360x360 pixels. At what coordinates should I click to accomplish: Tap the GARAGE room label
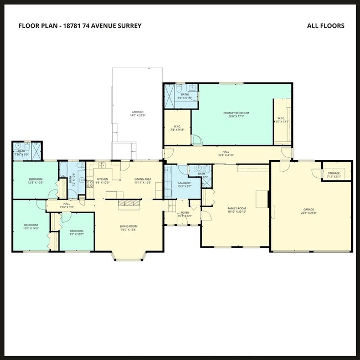coord(308,209)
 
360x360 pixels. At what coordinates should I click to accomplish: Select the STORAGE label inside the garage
coord(333,173)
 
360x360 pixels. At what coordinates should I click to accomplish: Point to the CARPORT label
coord(138,111)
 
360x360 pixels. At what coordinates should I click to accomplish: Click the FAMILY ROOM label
coord(236,208)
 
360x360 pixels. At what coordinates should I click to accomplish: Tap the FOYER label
coord(184,212)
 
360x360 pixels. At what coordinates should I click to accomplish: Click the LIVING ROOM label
coord(128,226)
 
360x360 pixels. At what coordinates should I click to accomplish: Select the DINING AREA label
coord(143,179)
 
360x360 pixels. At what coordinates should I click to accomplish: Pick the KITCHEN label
coord(102,179)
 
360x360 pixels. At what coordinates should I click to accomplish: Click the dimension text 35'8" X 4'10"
coord(225,155)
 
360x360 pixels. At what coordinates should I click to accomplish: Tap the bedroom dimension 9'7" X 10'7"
coord(76,234)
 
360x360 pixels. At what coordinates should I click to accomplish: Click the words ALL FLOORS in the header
coord(325,25)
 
